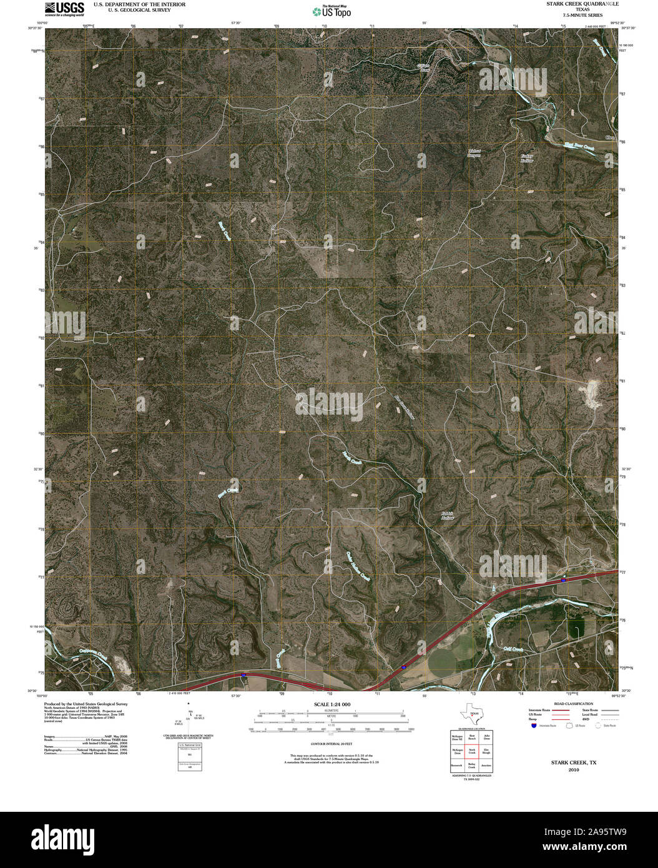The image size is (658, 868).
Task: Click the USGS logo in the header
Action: [64, 8]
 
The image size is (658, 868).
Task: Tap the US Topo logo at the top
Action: [331, 11]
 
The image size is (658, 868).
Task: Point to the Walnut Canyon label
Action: [474, 153]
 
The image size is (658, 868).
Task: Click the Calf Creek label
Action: [514, 649]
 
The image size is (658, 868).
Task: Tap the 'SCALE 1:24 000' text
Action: [328, 704]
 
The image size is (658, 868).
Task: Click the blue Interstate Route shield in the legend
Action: [533, 726]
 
